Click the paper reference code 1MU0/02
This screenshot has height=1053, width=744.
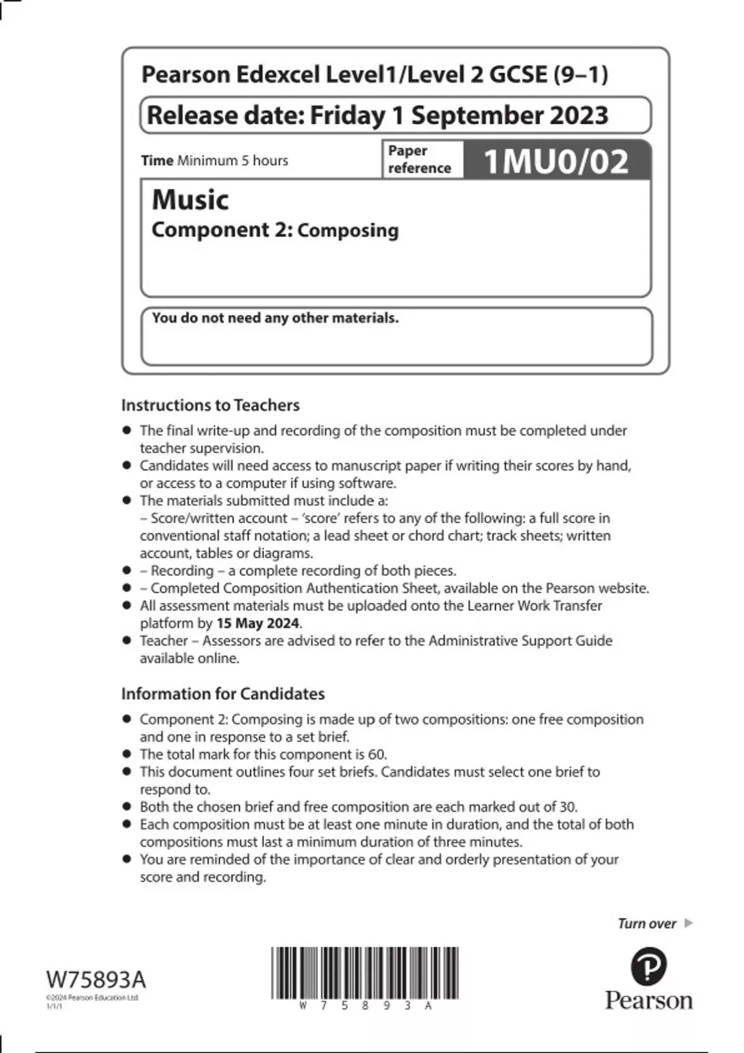point(556,162)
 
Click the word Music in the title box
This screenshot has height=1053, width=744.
point(190,199)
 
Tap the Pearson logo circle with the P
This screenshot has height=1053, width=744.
point(649,967)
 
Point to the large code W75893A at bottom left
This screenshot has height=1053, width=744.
point(96,980)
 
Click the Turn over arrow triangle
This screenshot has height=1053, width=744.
point(688,923)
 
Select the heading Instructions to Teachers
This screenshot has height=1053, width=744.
point(210,405)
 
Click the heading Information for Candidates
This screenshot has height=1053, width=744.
point(223,694)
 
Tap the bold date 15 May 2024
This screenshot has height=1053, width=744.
point(257,623)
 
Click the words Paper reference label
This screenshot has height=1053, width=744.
point(419,159)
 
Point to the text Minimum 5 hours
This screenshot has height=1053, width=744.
point(232,160)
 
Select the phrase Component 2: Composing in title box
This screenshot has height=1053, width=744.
point(275,230)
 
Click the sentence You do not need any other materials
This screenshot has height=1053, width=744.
point(275,318)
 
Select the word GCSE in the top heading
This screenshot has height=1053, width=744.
point(518,74)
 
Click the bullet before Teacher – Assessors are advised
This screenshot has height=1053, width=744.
point(127,640)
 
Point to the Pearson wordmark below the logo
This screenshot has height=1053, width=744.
point(649,1001)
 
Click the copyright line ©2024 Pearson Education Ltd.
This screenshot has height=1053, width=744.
point(92,998)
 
